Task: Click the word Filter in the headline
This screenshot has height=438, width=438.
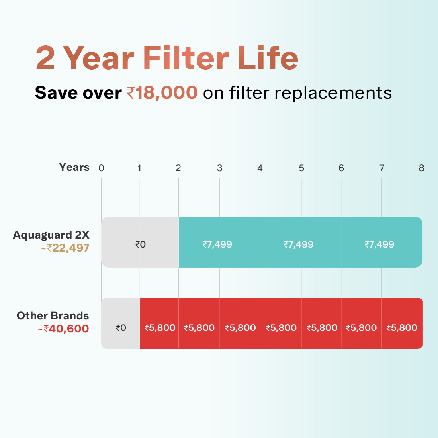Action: pyautogui.click(x=186, y=58)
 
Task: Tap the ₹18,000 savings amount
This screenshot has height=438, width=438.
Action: pyautogui.click(x=162, y=93)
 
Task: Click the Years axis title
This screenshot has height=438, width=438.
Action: pyautogui.click(x=74, y=167)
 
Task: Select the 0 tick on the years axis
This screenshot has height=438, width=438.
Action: pyautogui.click(x=101, y=168)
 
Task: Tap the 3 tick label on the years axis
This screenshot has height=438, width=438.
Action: pyautogui.click(x=219, y=168)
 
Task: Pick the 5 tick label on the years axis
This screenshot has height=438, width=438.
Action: pyautogui.click(x=301, y=168)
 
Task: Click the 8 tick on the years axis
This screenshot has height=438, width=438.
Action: pyautogui.click(x=422, y=168)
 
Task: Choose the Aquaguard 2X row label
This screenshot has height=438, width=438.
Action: pyautogui.click(x=51, y=235)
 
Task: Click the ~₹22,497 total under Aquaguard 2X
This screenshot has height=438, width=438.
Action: pyautogui.click(x=65, y=248)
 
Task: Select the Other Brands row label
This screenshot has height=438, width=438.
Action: pyautogui.click(x=53, y=316)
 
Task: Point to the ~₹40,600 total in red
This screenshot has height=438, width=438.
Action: pyautogui.click(x=63, y=329)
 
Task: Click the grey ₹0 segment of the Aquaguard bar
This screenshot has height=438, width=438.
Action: pyautogui.click(x=140, y=242)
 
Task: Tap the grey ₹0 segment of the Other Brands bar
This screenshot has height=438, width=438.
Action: pyautogui.click(x=121, y=323)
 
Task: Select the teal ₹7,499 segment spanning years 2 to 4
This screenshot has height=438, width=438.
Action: pyautogui.click(x=219, y=242)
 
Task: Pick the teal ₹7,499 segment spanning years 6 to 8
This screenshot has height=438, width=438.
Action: pyautogui.click(x=381, y=242)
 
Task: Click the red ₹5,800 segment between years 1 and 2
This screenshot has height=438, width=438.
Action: pyautogui.click(x=159, y=323)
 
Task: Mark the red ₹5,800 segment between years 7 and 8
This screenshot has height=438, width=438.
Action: pyautogui.click(x=402, y=323)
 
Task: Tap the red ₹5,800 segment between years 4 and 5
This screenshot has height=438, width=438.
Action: pyautogui.click(x=281, y=323)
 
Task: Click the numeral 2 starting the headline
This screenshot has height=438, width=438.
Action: pyautogui.click(x=45, y=58)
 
